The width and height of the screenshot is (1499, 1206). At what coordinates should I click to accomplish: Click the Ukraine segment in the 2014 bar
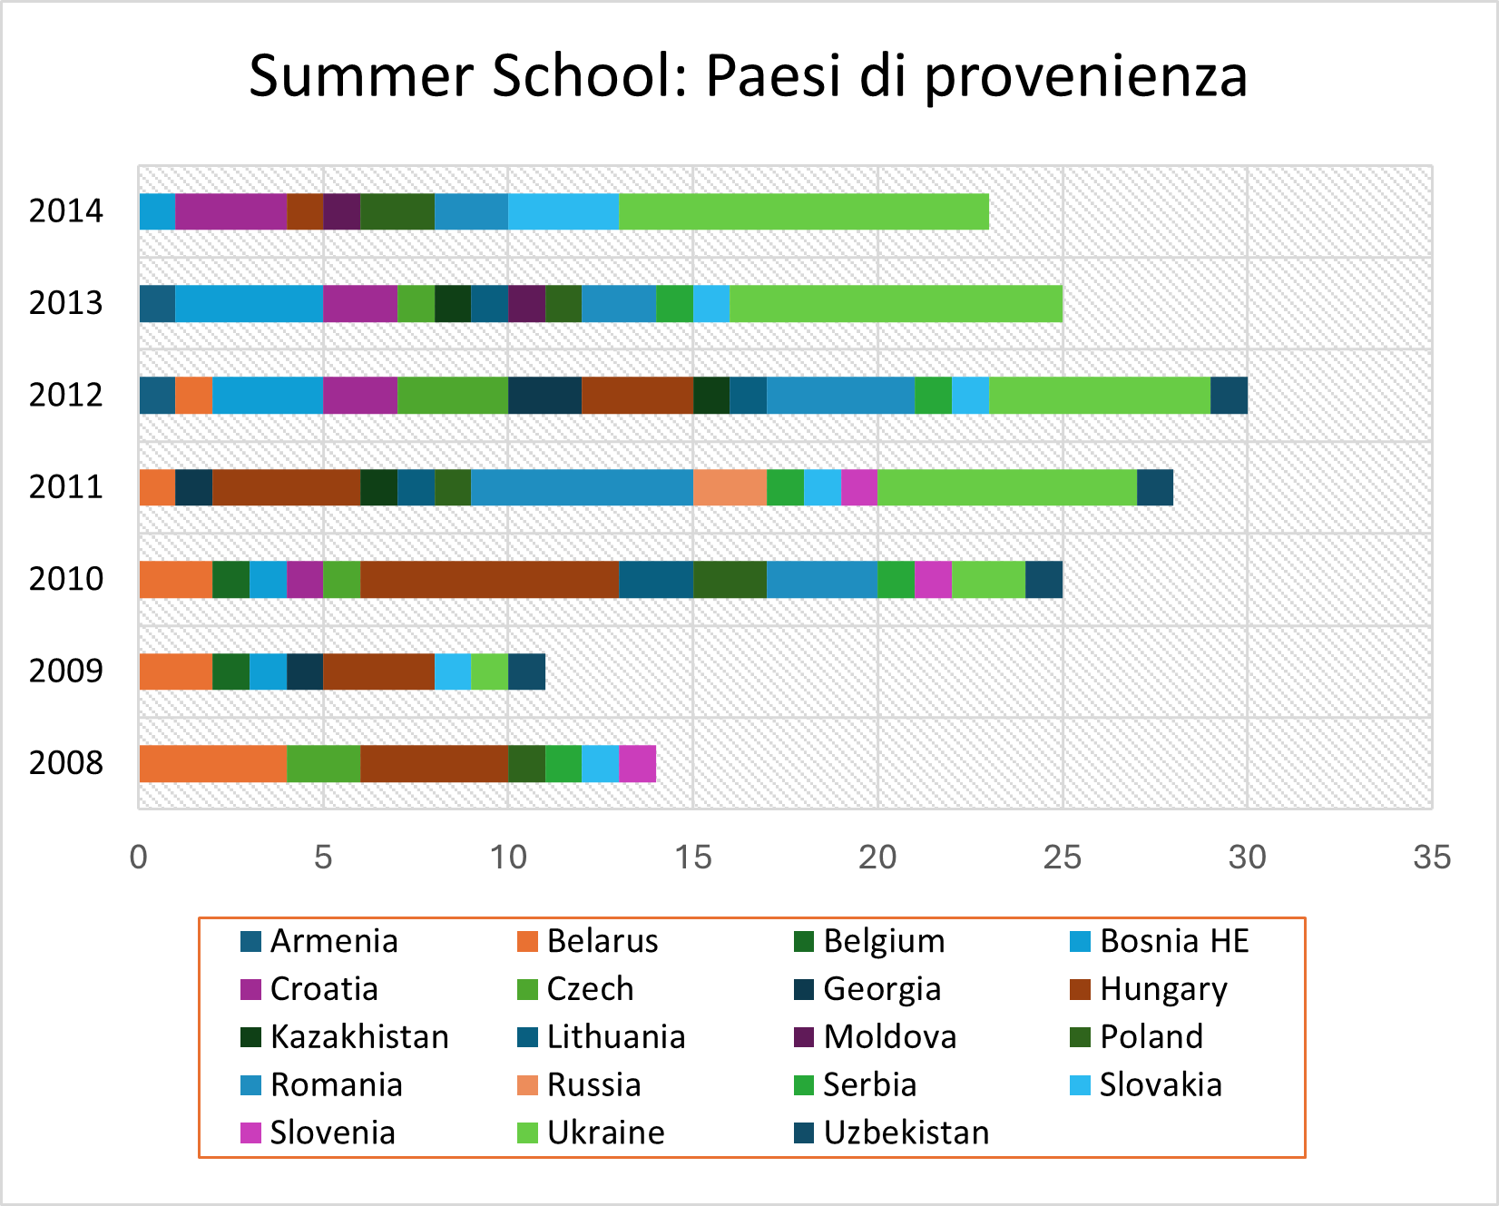click(803, 211)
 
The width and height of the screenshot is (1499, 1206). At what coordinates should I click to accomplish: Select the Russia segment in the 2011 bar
click(730, 487)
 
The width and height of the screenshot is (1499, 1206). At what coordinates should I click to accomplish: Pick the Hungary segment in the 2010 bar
click(489, 580)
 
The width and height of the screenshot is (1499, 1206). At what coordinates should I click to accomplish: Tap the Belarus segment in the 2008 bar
click(212, 763)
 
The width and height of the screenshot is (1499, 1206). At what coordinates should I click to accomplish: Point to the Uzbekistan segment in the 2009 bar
click(526, 672)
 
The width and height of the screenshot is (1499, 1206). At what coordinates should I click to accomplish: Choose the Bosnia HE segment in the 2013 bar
click(249, 303)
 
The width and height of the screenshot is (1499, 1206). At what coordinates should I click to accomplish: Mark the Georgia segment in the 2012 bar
click(544, 396)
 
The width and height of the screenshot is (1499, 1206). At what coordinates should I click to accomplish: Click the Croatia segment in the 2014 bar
click(230, 211)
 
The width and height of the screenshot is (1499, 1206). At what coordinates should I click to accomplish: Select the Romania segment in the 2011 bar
click(582, 487)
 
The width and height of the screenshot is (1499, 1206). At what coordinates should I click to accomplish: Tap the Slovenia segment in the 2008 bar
click(637, 763)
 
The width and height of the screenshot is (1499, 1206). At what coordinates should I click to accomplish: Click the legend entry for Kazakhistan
click(358, 1037)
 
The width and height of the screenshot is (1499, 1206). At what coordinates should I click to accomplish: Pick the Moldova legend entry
click(889, 1037)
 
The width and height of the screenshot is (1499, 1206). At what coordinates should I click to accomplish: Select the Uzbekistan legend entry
click(906, 1133)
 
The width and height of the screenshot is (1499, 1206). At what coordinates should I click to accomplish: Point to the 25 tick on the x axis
click(1062, 857)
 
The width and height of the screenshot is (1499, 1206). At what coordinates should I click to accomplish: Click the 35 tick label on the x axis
click(1431, 857)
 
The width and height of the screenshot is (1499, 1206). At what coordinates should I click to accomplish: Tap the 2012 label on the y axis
click(66, 396)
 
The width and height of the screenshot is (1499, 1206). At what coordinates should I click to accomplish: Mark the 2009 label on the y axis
click(66, 672)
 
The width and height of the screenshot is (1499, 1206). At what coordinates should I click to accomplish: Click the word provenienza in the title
click(1085, 76)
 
